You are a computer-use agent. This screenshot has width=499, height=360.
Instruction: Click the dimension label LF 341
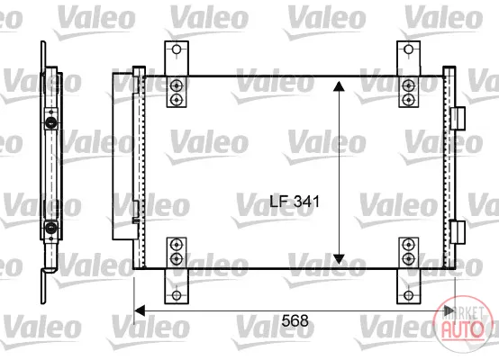point(295,202)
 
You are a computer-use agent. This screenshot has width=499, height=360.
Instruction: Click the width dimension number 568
point(295,320)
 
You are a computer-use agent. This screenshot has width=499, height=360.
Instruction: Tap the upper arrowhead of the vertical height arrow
point(339,86)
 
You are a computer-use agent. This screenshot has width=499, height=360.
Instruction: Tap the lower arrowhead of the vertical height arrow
point(339,259)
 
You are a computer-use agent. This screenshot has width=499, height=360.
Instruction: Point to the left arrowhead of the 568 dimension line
point(140,310)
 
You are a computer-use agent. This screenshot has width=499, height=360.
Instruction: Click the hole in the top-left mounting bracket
point(177,49)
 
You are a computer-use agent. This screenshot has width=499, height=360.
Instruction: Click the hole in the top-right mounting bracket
point(408,49)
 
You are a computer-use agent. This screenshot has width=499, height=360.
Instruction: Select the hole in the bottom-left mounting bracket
point(177,295)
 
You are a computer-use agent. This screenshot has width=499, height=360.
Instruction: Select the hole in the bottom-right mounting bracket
point(408,295)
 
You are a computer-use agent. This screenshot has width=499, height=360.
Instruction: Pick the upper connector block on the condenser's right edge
point(458,118)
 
